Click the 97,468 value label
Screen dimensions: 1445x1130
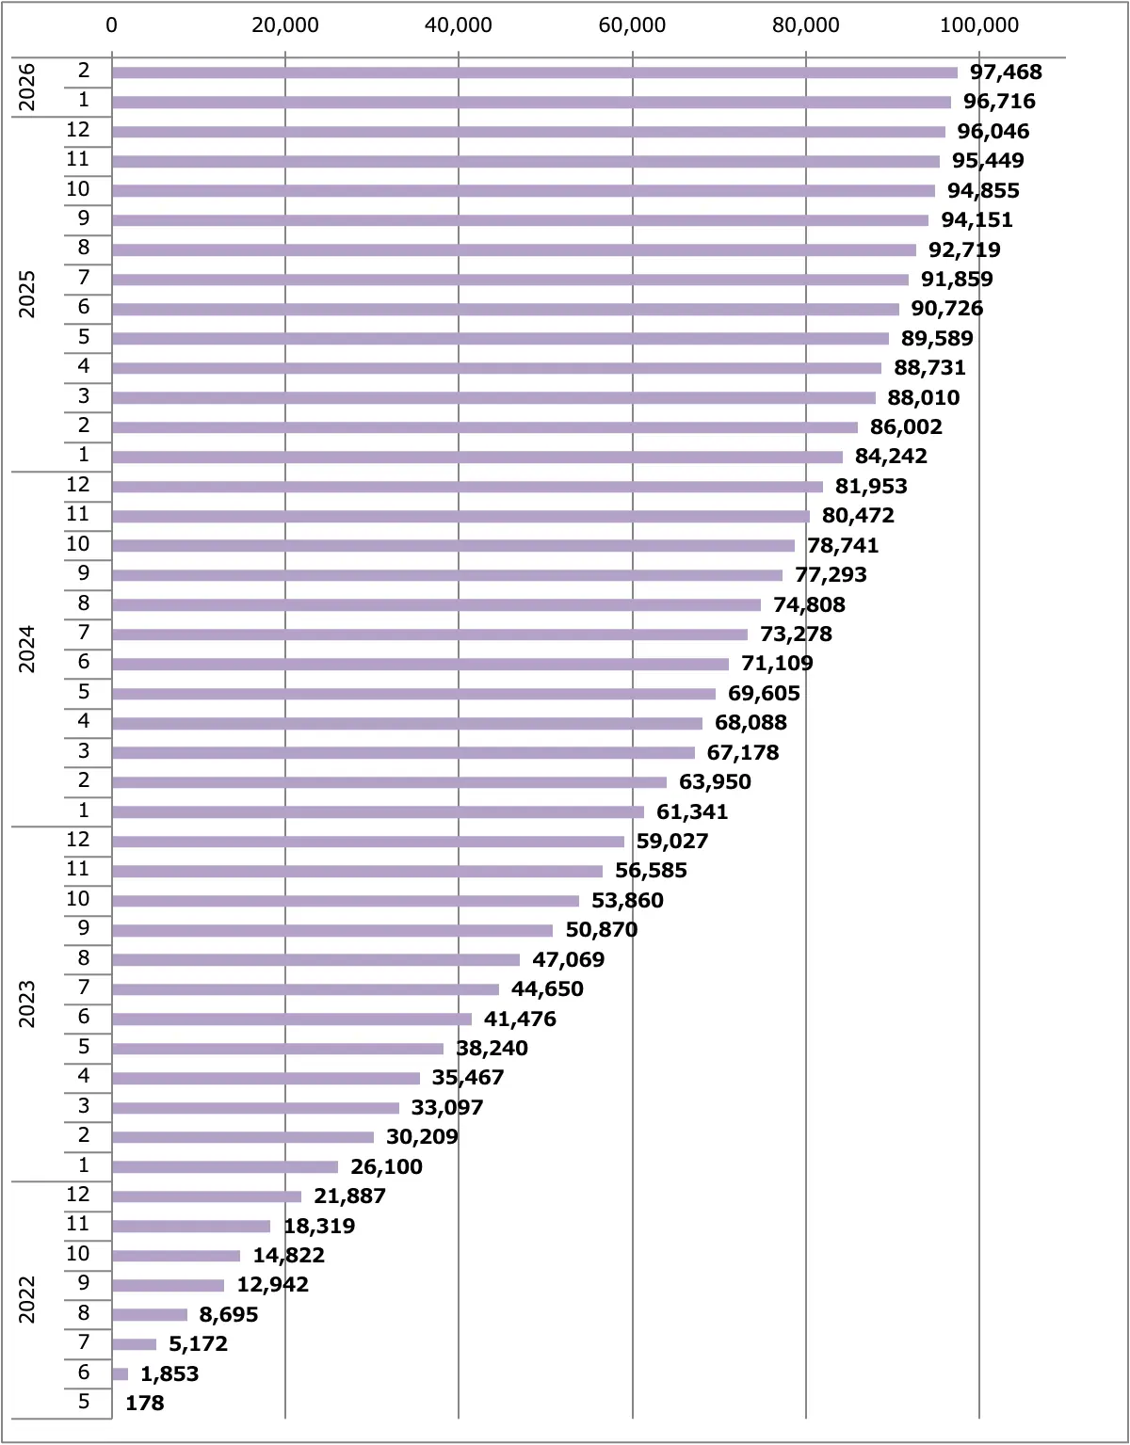[1006, 72]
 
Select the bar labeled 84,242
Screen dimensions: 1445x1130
[476, 458]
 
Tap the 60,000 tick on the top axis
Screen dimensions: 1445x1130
[632, 25]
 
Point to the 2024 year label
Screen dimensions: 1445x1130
[27, 650]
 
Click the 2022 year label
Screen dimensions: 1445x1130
[27, 1300]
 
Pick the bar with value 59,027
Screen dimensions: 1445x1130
[367, 842]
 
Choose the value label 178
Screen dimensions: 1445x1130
[145, 1404]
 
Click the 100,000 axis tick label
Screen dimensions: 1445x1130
[979, 25]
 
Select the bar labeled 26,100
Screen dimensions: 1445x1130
[224, 1167]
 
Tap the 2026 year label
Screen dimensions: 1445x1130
[27, 87]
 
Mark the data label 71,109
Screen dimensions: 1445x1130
[777, 664]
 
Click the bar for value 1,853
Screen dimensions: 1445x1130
[120, 1374]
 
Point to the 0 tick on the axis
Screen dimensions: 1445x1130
[112, 25]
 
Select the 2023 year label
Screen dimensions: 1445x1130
[27, 1004]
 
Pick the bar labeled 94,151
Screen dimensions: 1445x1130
[520, 220]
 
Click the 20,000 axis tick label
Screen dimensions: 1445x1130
[285, 25]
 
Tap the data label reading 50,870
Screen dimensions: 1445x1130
[601, 930]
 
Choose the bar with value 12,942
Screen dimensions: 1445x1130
[168, 1286]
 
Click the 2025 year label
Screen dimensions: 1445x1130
[27, 294]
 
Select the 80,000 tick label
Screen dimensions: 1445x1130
[805, 25]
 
